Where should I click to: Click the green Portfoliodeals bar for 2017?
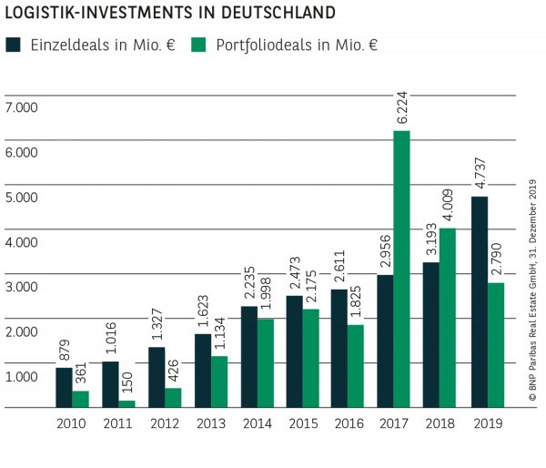(x=401, y=269)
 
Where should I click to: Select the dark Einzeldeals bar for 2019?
(x=480, y=301)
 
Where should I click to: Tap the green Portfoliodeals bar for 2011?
(x=126, y=403)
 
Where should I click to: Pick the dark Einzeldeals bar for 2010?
(x=64, y=387)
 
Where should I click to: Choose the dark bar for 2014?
(x=248, y=356)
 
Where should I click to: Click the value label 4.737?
(x=480, y=174)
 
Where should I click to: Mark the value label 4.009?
(x=448, y=205)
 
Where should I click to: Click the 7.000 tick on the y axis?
(x=21, y=107)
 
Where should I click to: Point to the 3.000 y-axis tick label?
(x=21, y=287)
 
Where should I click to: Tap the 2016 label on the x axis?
(x=349, y=423)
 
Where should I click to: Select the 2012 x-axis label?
(x=164, y=423)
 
